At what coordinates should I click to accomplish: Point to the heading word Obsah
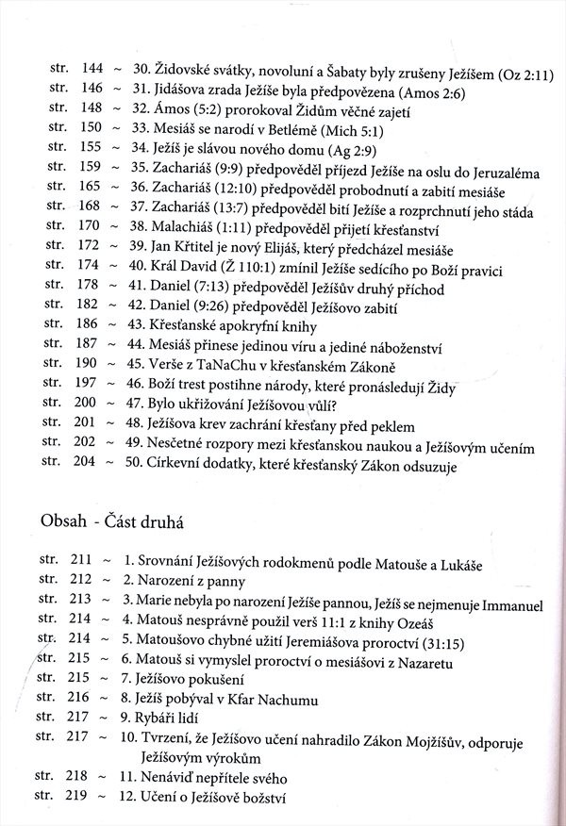click(x=62, y=521)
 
